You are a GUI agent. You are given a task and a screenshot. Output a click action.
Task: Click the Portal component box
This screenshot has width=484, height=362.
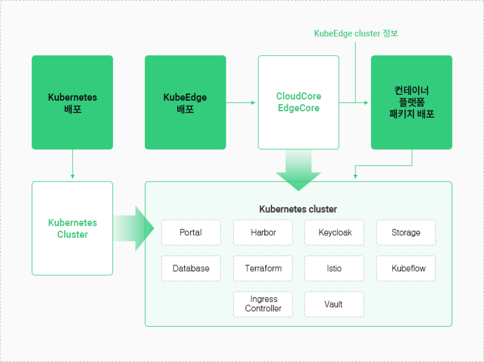click(x=191, y=232)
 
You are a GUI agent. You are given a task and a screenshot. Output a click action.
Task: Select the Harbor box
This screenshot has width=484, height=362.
click(x=263, y=232)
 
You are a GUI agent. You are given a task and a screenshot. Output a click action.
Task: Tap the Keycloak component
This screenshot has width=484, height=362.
click(x=334, y=232)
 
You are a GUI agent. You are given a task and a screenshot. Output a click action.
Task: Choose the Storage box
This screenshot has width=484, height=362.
click(x=406, y=232)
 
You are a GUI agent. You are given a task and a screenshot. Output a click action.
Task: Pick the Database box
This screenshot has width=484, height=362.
click(x=191, y=268)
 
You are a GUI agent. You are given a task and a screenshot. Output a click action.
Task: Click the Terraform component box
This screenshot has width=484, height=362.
click(x=263, y=268)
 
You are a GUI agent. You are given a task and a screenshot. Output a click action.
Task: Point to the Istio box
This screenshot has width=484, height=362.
click(x=334, y=268)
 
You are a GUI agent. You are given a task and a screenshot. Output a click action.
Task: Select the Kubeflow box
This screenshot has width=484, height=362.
click(x=406, y=268)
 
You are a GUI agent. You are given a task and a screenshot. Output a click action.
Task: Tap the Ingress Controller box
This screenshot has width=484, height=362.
click(x=263, y=304)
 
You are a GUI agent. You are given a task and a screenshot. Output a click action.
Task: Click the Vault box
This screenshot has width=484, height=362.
click(x=334, y=304)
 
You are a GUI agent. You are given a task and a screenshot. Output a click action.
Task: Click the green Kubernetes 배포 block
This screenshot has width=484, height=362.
click(x=72, y=102)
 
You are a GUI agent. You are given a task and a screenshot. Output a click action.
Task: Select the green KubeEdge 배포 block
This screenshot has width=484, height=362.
click(x=185, y=102)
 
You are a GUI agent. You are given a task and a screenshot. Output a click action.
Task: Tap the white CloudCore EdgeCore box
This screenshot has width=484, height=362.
click(x=299, y=102)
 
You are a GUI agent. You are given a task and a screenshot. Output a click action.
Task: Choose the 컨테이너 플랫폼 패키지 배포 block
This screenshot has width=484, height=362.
click(x=411, y=102)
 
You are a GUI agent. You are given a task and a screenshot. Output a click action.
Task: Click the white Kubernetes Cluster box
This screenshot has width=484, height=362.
click(x=72, y=228)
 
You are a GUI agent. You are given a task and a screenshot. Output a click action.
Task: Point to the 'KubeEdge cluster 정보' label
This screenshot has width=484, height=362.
click(x=356, y=34)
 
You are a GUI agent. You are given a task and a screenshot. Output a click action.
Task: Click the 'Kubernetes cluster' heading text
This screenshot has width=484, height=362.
click(x=298, y=209)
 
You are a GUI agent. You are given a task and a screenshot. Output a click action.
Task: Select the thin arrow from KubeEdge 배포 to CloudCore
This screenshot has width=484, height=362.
click(x=240, y=103)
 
